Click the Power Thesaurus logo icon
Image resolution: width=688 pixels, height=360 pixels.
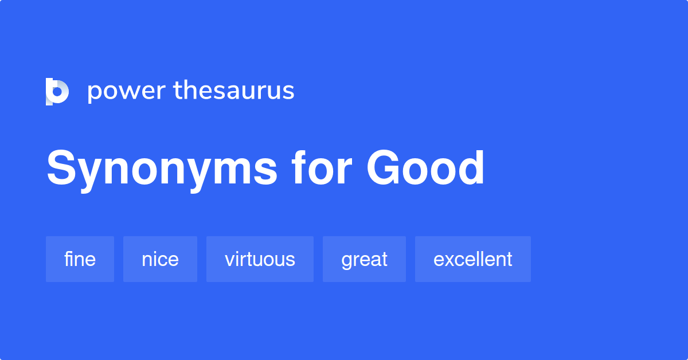pos(57,92)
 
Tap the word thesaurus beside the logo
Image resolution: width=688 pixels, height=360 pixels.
pos(234,91)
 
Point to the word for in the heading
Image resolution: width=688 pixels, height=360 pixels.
pos(321,169)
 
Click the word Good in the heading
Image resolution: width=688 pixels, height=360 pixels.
pos(426,169)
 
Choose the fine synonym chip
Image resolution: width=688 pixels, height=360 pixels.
pos(80,259)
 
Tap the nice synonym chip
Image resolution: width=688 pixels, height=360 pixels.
pos(160,259)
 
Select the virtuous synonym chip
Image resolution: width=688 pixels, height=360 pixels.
pos(260,259)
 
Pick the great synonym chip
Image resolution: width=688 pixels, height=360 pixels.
pos(364,259)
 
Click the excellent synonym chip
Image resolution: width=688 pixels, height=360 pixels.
pos(472,259)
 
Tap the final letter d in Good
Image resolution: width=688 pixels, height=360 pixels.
pos(471,169)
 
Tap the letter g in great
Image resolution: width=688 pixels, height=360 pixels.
pos(346,261)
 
